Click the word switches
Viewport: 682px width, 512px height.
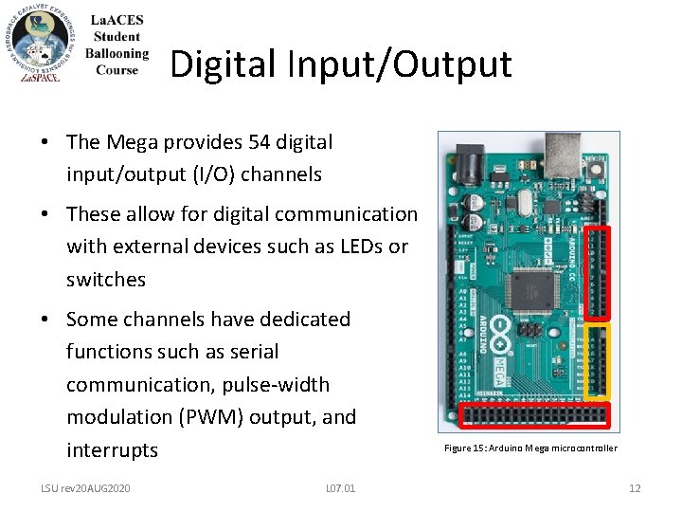coord(106,280)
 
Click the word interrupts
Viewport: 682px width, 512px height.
coord(113,449)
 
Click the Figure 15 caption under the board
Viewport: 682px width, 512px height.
coord(530,448)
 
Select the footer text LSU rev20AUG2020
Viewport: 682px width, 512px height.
coord(85,488)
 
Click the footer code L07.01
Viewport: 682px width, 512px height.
coord(340,488)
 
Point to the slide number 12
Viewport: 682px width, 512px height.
coord(635,488)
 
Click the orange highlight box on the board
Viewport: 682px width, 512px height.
coord(599,361)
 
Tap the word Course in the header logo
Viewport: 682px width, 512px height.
coord(117,69)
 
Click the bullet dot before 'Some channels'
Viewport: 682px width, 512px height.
coord(45,320)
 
